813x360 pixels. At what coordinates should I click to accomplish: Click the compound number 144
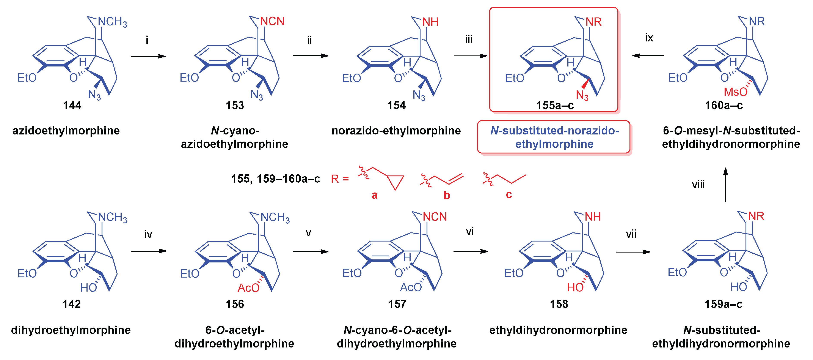pos(72,105)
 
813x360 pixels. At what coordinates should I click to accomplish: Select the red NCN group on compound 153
pos(272,21)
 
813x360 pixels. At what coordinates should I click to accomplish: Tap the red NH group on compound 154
pos(430,22)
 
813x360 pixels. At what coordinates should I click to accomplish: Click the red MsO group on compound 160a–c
pos(735,92)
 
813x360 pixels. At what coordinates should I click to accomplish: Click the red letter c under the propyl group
pos(509,194)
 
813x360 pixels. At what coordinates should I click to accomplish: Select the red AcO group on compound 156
pos(248,288)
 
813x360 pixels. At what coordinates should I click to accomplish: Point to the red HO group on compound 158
pos(575,287)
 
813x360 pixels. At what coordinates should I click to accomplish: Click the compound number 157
pos(397,304)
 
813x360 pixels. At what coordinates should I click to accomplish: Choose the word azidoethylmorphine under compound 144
pos(66,130)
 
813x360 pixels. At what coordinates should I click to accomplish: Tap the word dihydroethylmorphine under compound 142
pos(71,330)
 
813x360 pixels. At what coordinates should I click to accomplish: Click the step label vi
pos(470,231)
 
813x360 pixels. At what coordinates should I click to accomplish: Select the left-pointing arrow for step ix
pos(648,56)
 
